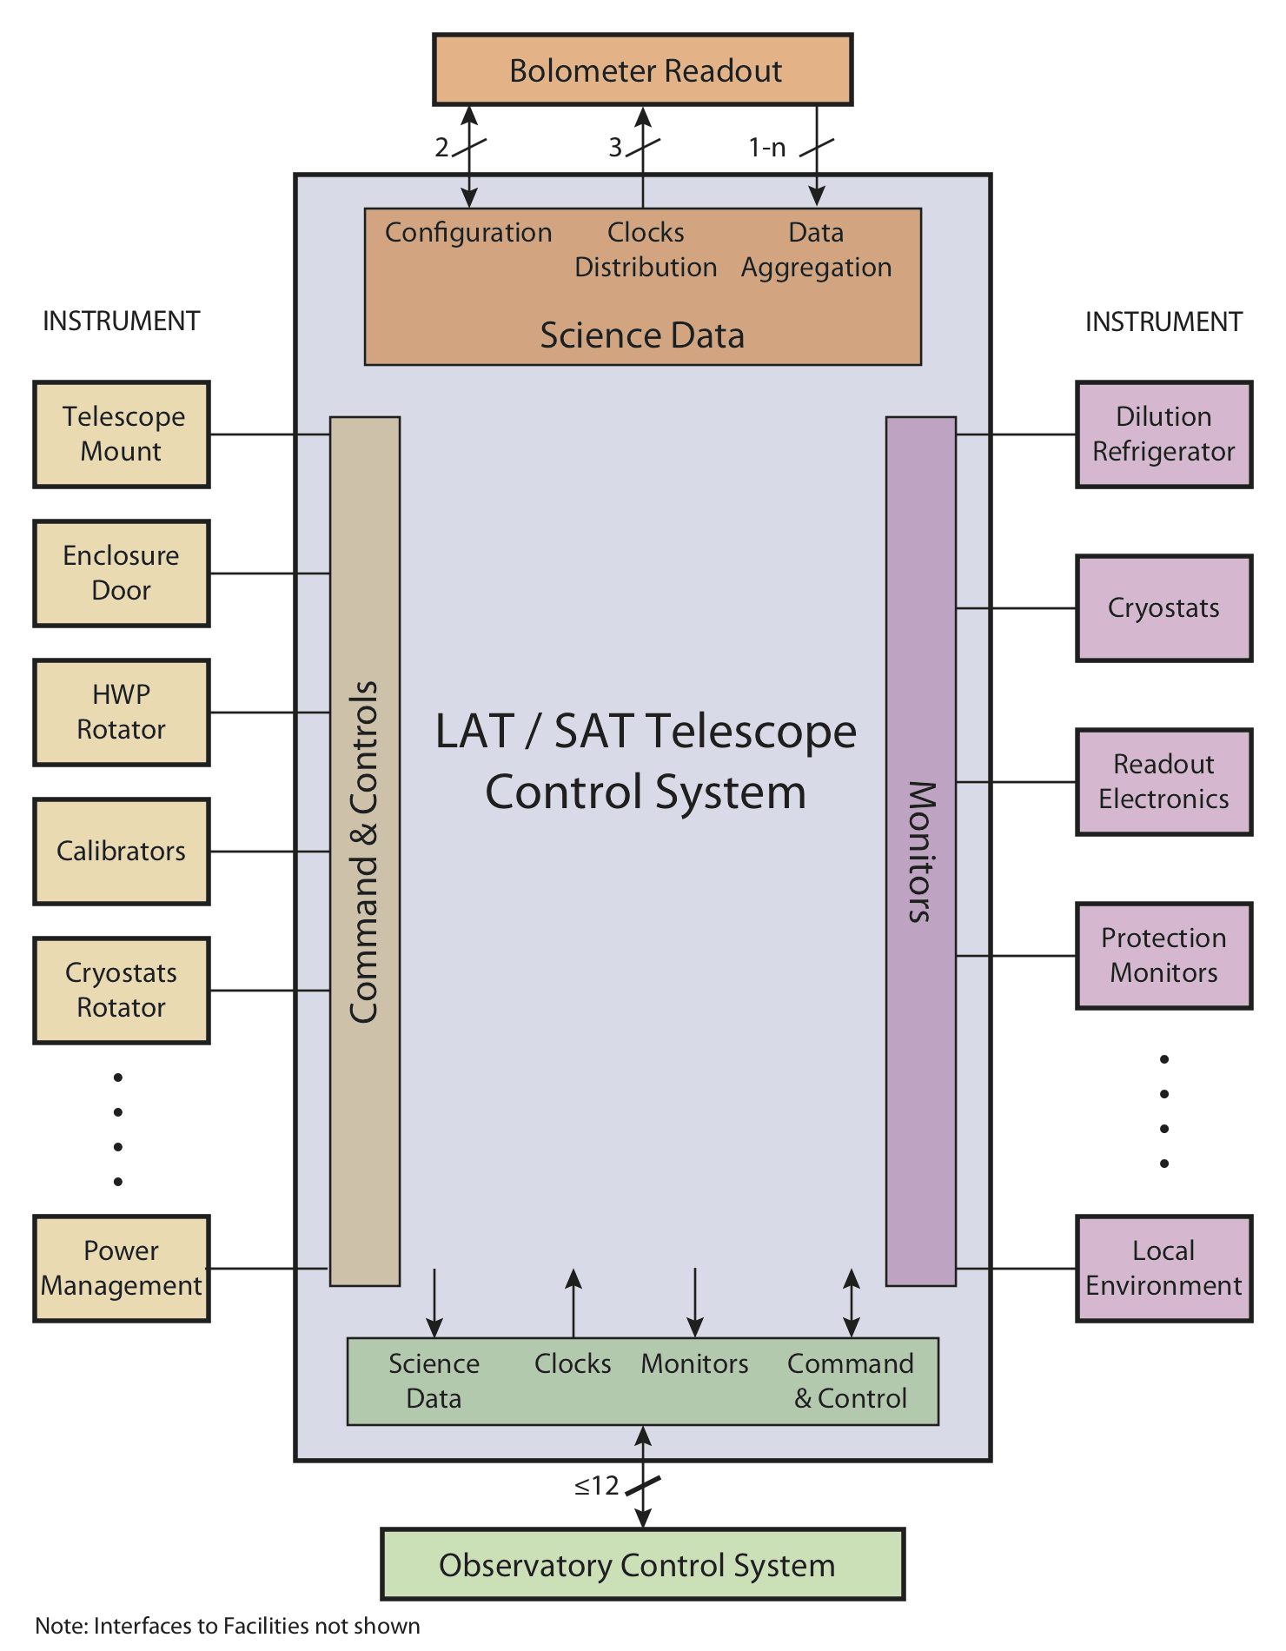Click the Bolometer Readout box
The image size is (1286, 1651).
[x=643, y=70]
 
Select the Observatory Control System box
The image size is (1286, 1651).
[x=643, y=1564]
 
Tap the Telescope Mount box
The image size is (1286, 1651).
[x=122, y=434]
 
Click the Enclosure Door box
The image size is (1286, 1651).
[x=122, y=574]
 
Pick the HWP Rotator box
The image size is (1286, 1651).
[x=122, y=713]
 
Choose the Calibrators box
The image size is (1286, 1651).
[x=122, y=852]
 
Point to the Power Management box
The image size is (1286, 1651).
[x=122, y=1269]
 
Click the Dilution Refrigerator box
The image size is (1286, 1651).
[x=1164, y=434]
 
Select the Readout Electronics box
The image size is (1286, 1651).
[x=1164, y=782]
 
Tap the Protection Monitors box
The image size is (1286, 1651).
[x=1164, y=956]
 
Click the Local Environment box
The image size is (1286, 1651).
[x=1164, y=1269]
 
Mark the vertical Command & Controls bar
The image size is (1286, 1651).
[x=365, y=852]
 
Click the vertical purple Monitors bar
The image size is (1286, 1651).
[x=921, y=852]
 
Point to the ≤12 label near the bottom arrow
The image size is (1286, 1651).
[x=597, y=1486]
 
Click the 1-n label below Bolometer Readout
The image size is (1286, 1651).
[x=767, y=148]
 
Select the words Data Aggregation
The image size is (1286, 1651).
[x=817, y=250]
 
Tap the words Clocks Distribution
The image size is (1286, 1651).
[x=646, y=250]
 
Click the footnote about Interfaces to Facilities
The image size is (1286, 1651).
[x=228, y=1626]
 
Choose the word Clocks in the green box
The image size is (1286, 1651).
[x=573, y=1363]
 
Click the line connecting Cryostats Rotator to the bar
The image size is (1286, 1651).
[x=269, y=991]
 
